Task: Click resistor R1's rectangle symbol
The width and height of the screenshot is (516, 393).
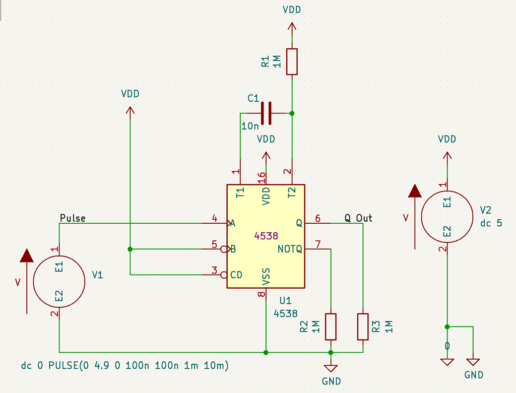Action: [292, 62]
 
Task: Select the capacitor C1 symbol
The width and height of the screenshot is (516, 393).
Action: [266, 113]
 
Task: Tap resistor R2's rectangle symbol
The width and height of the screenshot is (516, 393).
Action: [331, 326]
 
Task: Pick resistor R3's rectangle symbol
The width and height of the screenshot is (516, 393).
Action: [363, 326]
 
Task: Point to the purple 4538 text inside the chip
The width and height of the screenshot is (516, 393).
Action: [266, 235]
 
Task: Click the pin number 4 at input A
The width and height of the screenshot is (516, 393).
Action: [214, 219]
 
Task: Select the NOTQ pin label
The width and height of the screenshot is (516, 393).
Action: [290, 248]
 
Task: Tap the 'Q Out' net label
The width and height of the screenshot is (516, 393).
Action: [358, 218]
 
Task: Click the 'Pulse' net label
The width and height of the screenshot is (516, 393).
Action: [73, 218]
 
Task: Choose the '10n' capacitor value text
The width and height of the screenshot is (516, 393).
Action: [250, 126]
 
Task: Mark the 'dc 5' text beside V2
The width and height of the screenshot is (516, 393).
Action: [491, 222]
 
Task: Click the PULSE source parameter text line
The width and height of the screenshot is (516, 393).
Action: [124, 365]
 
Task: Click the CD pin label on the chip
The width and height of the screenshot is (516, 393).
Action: [236, 275]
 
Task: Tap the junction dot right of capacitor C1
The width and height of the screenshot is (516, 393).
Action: [292, 113]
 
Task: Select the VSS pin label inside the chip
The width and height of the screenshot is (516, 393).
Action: [266, 277]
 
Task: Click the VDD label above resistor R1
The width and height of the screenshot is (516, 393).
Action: [292, 10]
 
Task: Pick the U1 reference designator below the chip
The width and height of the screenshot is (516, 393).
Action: [285, 301]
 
